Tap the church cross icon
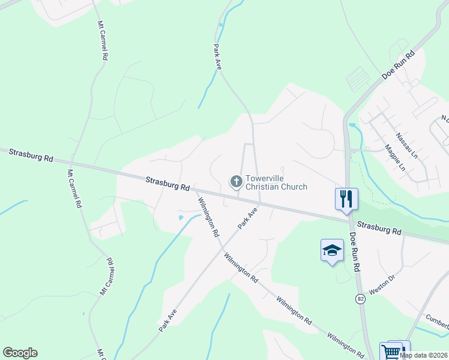click(x=236, y=181)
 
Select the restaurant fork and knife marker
click(x=346, y=199)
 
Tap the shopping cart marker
click(x=391, y=351)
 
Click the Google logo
click(x=20, y=353)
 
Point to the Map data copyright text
click(x=423, y=355)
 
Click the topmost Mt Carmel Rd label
click(x=102, y=41)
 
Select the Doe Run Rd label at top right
click(x=398, y=65)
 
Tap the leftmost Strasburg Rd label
click(x=31, y=155)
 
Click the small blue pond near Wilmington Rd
click(x=181, y=217)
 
